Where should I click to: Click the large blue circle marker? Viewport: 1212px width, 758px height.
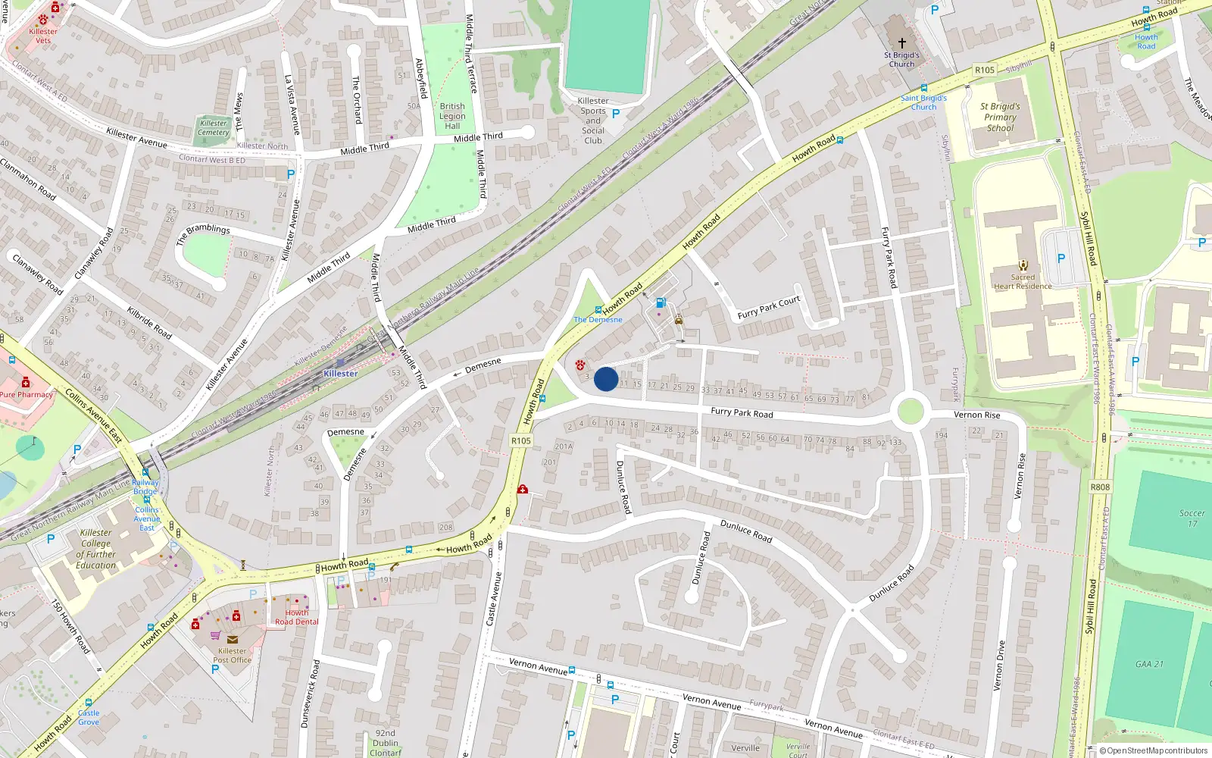pyautogui.click(x=606, y=379)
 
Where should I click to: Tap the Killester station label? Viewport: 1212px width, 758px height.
pyautogui.click(x=340, y=373)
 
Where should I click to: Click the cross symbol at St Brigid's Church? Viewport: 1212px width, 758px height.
pyautogui.click(x=901, y=43)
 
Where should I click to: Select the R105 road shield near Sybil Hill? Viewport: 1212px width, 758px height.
pyautogui.click(x=985, y=70)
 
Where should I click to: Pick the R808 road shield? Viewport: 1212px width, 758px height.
pyautogui.click(x=1100, y=487)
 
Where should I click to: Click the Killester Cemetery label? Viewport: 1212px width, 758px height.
pyautogui.click(x=214, y=127)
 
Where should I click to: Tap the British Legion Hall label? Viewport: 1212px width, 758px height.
pyautogui.click(x=452, y=116)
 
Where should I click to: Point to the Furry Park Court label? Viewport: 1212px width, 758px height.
pyautogui.click(x=769, y=307)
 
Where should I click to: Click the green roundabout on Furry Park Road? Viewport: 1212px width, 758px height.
pyautogui.click(x=910, y=412)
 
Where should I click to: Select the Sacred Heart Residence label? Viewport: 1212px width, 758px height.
pyautogui.click(x=1023, y=281)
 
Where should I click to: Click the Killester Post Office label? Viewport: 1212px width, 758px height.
pyautogui.click(x=233, y=655)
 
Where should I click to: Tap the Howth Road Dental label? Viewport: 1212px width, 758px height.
pyautogui.click(x=297, y=617)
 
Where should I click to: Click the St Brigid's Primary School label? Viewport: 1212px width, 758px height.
pyautogui.click(x=1000, y=117)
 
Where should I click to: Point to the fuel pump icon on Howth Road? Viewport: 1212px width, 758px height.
pyautogui.click(x=661, y=302)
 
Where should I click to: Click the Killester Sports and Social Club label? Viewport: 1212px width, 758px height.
pyautogui.click(x=593, y=121)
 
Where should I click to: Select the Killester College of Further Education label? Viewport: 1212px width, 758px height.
pyautogui.click(x=96, y=549)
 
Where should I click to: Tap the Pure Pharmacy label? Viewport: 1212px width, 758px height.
pyautogui.click(x=27, y=394)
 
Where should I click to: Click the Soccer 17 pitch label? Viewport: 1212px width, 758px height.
pyautogui.click(x=1192, y=518)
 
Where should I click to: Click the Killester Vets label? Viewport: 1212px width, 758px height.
pyautogui.click(x=43, y=36)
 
